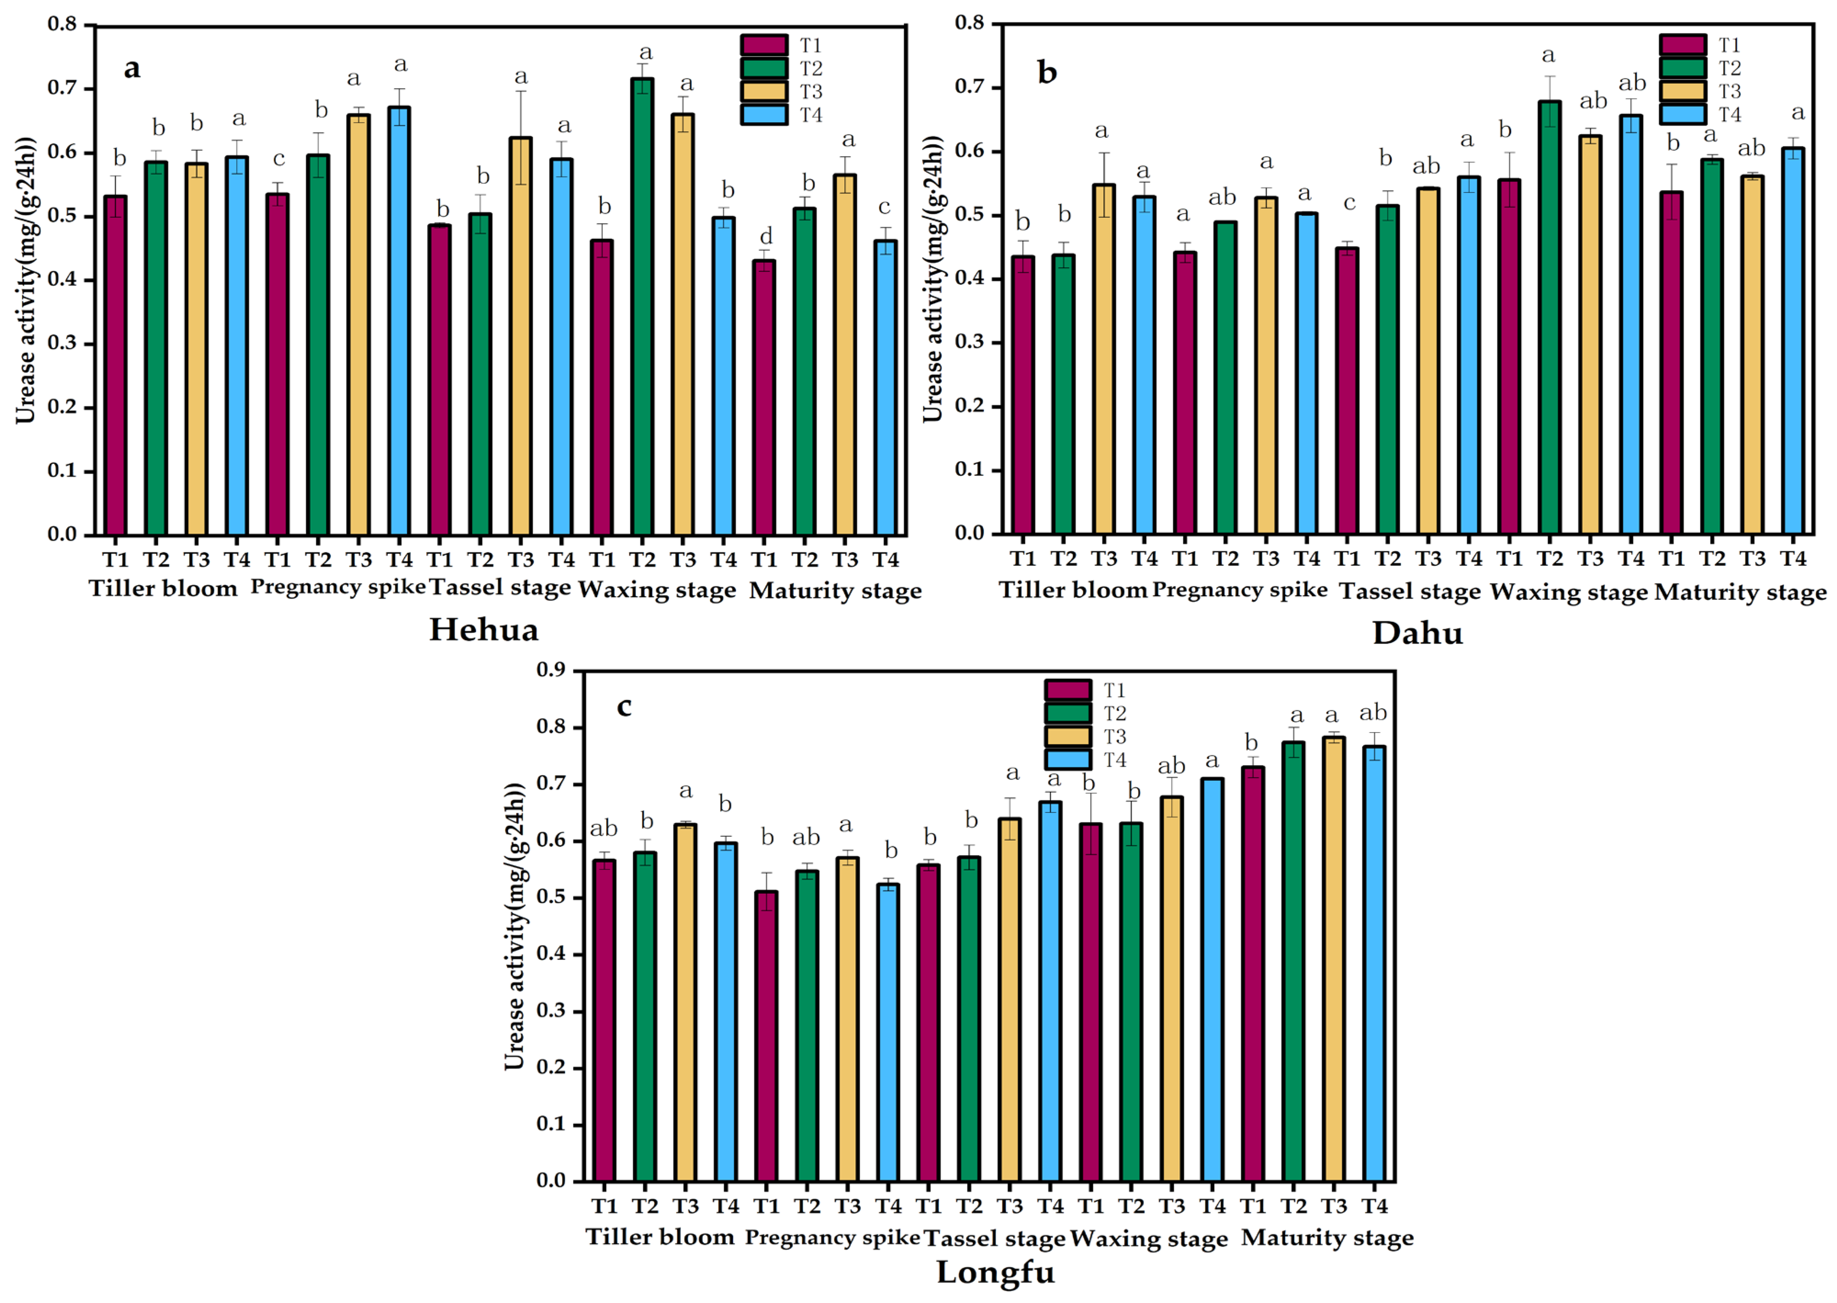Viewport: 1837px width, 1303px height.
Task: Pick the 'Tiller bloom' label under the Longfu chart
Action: pyautogui.click(x=659, y=1236)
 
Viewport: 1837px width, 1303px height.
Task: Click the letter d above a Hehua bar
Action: pyautogui.click(x=766, y=237)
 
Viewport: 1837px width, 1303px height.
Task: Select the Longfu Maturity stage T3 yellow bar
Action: pyautogui.click(x=1333, y=959)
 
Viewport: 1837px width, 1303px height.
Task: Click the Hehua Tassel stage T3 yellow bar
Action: pyautogui.click(x=521, y=337)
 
